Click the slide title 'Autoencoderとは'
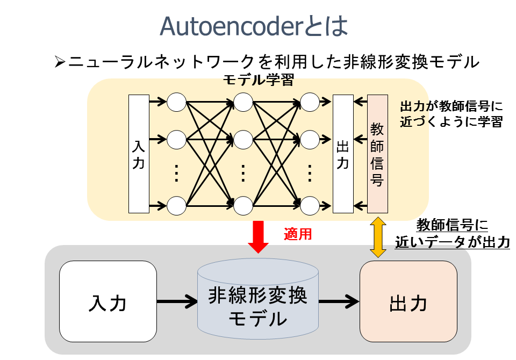(255, 26)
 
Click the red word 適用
(298, 235)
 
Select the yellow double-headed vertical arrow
(377, 236)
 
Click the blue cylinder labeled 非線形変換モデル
(257, 301)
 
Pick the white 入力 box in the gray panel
(107, 301)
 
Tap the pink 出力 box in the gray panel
(408, 301)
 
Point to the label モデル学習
(258, 81)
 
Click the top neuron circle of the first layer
(176, 102)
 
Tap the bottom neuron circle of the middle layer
(243, 206)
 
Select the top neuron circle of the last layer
(310, 102)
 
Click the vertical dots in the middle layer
(243, 174)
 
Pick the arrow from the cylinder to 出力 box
(339, 301)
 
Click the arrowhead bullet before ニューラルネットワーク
(60, 62)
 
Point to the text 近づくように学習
(450, 122)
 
